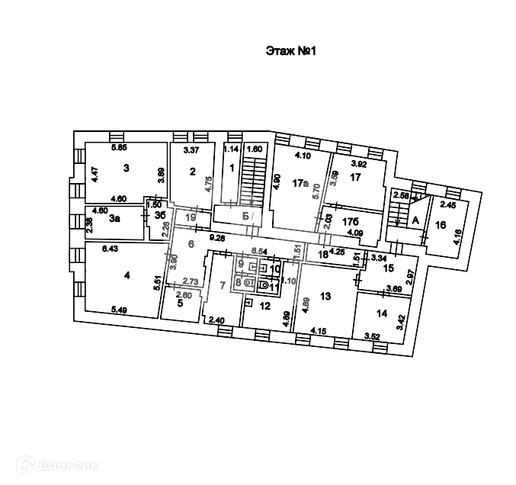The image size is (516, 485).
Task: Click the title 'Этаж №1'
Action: [290, 51]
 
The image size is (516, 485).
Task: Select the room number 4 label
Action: [127, 275]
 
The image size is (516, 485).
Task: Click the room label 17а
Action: [300, 183]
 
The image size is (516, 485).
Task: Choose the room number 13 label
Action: [325, 295]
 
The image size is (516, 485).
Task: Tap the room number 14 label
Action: [381, 313]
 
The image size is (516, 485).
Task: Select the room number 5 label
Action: [180, 303]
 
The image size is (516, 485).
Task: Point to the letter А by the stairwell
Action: [415, 220]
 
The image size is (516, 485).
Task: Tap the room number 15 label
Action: [388, 268]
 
